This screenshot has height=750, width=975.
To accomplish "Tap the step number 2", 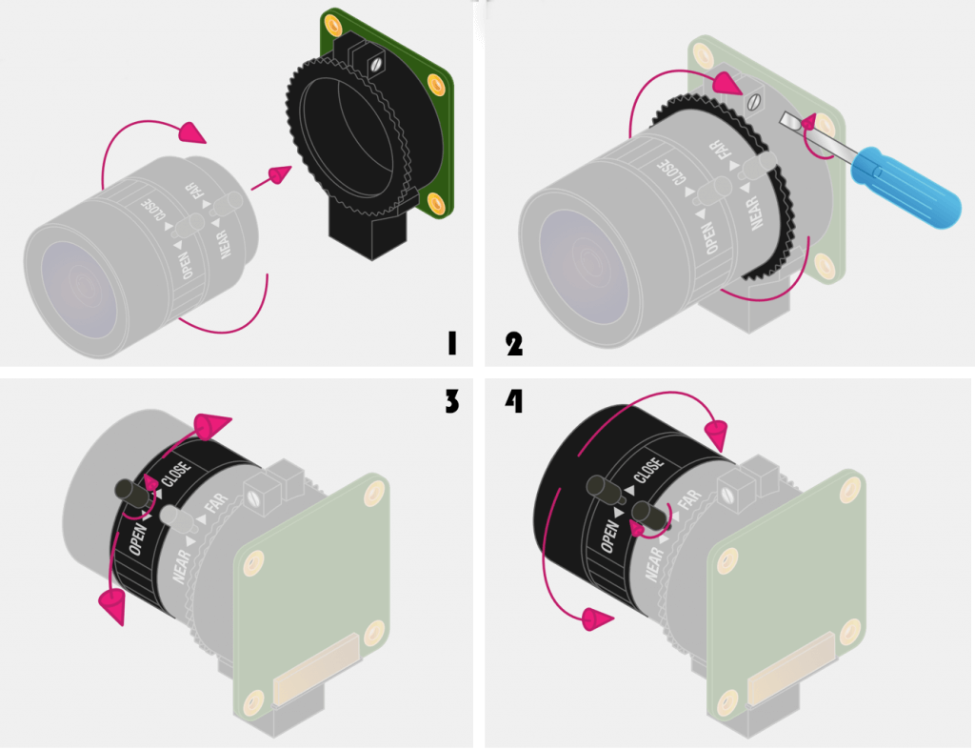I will pos(514,343).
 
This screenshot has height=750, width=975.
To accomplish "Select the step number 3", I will pos(451,402).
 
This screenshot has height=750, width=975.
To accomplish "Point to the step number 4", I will pos(514,402).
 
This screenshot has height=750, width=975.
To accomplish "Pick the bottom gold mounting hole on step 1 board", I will pos(438,202).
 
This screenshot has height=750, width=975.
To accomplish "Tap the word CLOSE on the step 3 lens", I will pos(177,473).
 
